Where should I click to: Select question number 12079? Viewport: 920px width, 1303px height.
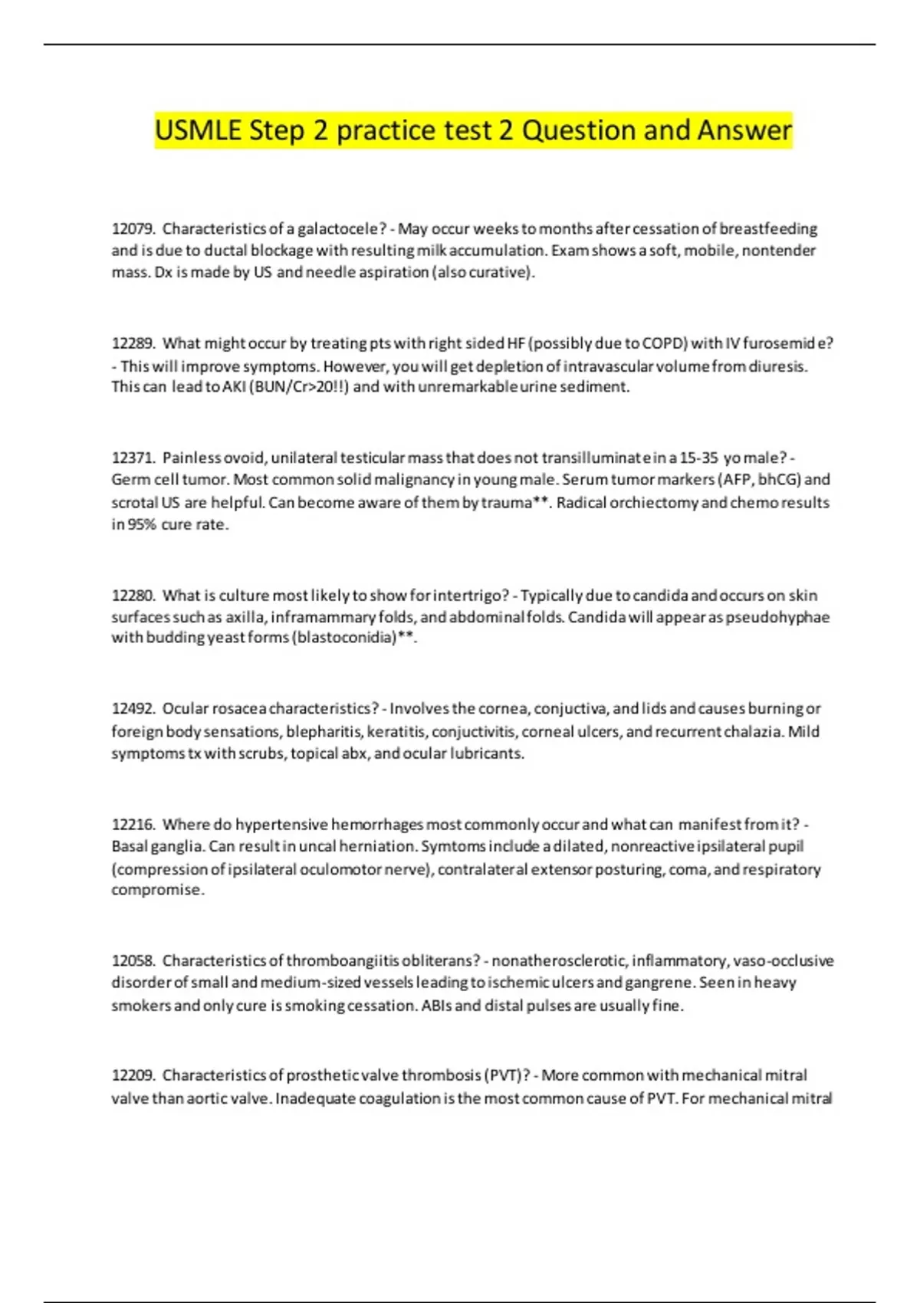[133, 228]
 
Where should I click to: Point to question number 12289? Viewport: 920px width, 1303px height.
[133, 343]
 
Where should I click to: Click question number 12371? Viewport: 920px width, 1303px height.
[133, 458]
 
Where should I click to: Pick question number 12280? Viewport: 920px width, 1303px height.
[133, 595]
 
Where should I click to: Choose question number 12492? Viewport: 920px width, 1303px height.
[133, 708]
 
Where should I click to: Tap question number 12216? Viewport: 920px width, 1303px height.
[133, 824]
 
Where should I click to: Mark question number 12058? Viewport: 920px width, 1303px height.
[133, 960]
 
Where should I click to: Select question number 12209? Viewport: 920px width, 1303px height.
[133, 1075]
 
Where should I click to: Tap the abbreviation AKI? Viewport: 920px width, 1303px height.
[234, 386]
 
